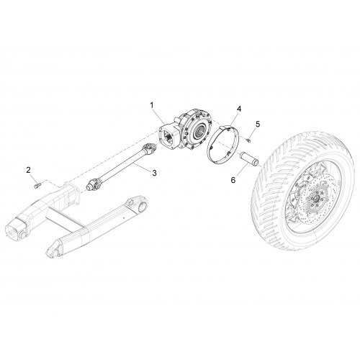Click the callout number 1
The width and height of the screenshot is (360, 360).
[152, 105]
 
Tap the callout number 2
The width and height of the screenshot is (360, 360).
[29, 170]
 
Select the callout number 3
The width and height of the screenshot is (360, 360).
[154, 173]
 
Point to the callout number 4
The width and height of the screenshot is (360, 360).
[239, 109]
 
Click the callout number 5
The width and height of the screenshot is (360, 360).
[258, 124]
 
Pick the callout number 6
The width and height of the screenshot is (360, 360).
[233, 180]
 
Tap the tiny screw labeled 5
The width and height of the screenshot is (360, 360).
[248, 140]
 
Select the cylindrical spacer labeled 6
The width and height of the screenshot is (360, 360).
[249, 159]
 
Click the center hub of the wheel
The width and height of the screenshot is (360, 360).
[315, 198]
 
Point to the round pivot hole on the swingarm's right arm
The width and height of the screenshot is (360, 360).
[142, 207]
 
